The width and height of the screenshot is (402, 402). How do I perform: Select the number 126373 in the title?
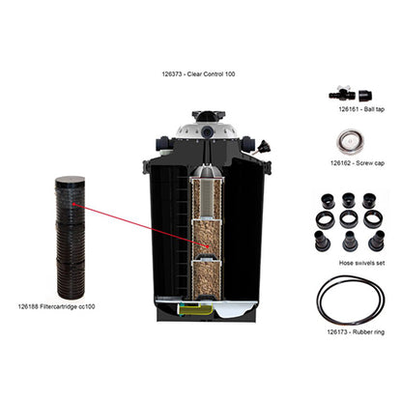click(x=178, y=72)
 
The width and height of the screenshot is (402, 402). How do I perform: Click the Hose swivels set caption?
click(x=351, y=263)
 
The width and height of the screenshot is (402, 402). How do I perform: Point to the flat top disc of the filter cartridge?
click(x=71, y=182)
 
